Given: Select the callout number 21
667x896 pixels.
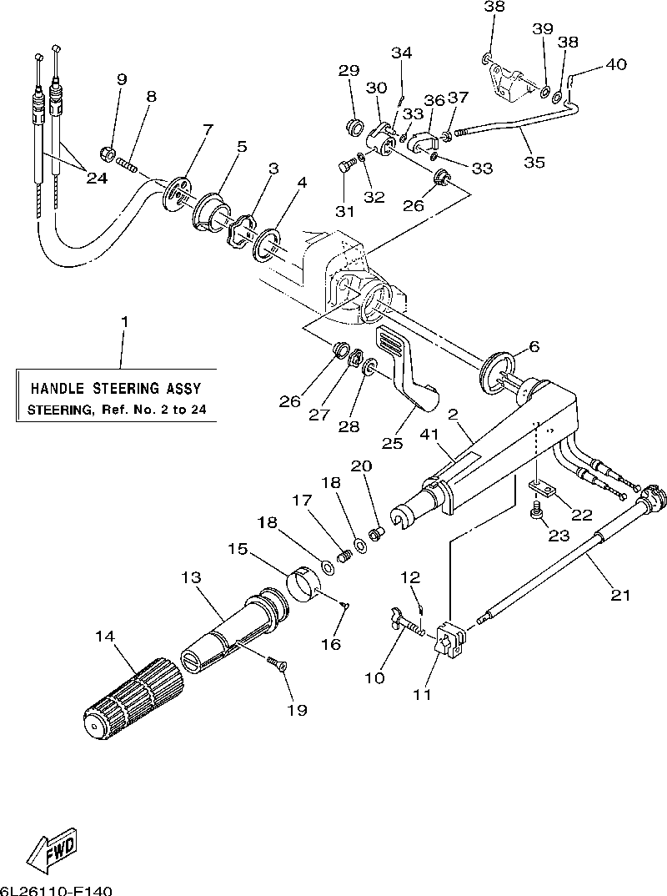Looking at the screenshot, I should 620,595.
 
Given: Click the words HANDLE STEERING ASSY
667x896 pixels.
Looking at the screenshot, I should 116,389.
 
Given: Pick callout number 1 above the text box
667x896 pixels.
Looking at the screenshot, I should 124,321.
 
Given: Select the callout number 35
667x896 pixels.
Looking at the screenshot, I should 534,162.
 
